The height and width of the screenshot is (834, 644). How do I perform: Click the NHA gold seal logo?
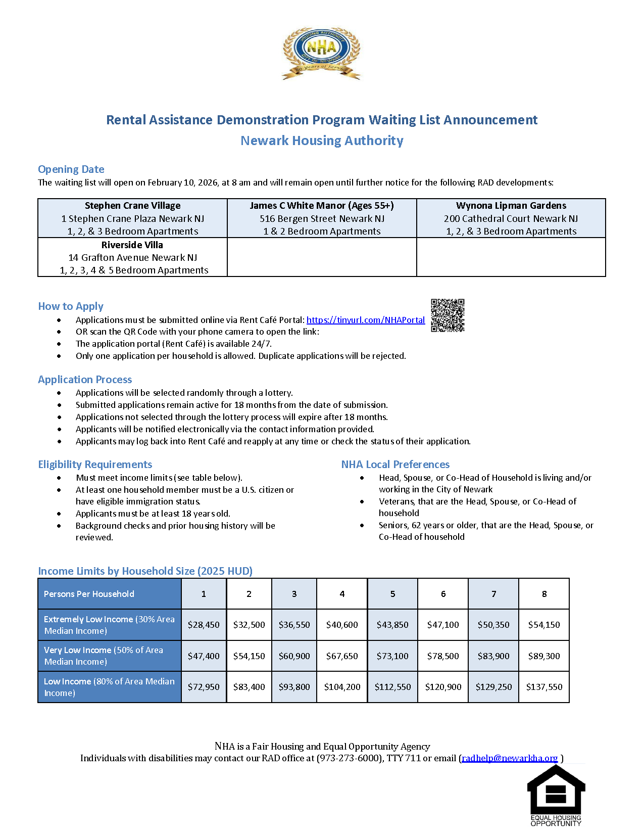[x=321, y=53]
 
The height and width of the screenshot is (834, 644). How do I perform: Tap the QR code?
[x=448, y=315]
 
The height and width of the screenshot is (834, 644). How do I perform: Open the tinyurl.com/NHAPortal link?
[x=366, y=320]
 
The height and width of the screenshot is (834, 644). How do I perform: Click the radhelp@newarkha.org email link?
[x=510, y=758]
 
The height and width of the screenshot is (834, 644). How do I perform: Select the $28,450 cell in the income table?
[x=204, y=625]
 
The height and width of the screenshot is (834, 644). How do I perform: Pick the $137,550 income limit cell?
[x=544, y=687]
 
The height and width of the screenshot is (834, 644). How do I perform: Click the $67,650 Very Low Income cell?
[x=342, y=656]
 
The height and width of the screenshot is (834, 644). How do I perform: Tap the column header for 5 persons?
[x=392, y=594]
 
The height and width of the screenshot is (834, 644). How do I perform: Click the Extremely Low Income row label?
[x=109, y=625]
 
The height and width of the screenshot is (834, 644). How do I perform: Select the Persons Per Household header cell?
[x=109, y=594]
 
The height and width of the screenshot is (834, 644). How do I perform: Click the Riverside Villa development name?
[x=132, y=245]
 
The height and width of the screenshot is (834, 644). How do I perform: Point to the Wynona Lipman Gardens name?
[x=511, y=206]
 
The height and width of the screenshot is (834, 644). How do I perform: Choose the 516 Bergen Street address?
[x=322, y=219]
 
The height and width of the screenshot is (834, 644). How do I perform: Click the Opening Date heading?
[x=71, y=169]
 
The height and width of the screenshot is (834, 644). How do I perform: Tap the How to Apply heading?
[x=71, y=306]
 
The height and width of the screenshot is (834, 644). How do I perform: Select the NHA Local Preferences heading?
[x=395, y=465]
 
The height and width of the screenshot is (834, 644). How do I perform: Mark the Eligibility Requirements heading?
[x=95, y=465]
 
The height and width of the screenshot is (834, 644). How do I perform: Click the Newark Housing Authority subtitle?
[x=322, y=141]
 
